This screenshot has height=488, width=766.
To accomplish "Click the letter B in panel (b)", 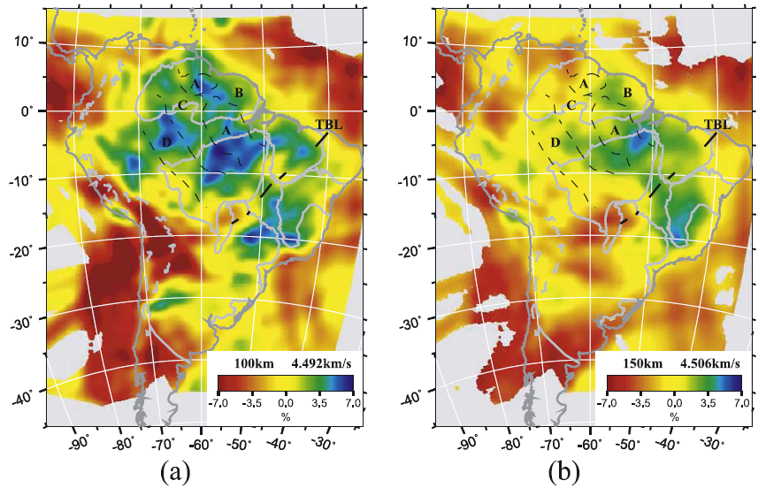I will coord(626,93).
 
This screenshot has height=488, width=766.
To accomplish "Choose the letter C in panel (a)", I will coord(181,106).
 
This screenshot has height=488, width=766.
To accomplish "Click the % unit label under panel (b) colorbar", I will coord(674,416).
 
